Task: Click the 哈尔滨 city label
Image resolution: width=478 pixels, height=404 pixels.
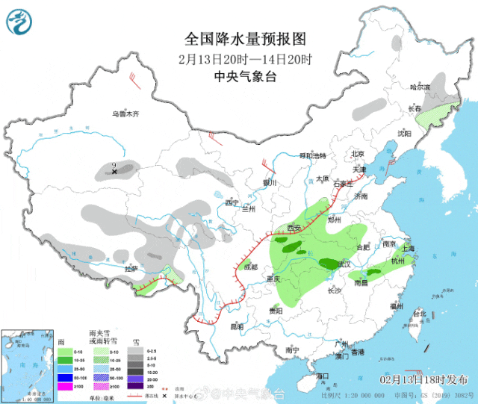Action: point(421,87)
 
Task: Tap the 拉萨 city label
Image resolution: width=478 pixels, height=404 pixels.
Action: point(131,268)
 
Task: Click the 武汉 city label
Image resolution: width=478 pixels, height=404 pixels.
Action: point(343,264)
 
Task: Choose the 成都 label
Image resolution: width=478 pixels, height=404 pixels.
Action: point(249,267)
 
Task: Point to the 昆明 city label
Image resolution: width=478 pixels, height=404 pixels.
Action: point(237,326)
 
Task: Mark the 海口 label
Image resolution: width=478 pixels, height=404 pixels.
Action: point(323,376)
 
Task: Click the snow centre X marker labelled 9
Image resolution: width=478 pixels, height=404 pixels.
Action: point(114,173)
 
